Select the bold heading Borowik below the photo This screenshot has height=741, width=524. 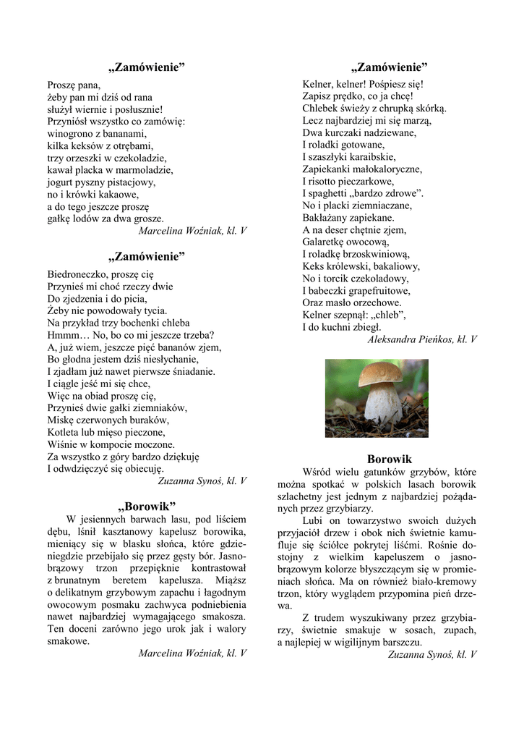[389, 459]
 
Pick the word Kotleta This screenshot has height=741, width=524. [65, 432]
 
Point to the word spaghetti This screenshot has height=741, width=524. [335, 192]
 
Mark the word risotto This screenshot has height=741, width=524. [325, 180]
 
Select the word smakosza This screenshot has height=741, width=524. [223, 617]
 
